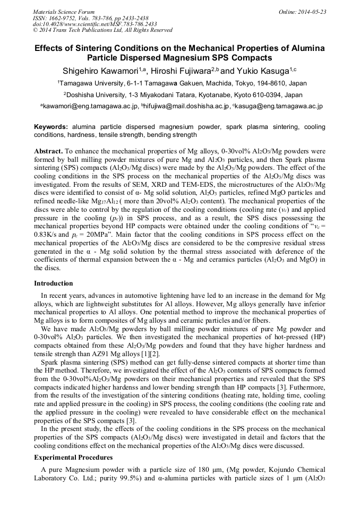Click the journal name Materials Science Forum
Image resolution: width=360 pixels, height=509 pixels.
click(64, 12)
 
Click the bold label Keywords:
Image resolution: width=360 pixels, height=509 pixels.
click(51, 127)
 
